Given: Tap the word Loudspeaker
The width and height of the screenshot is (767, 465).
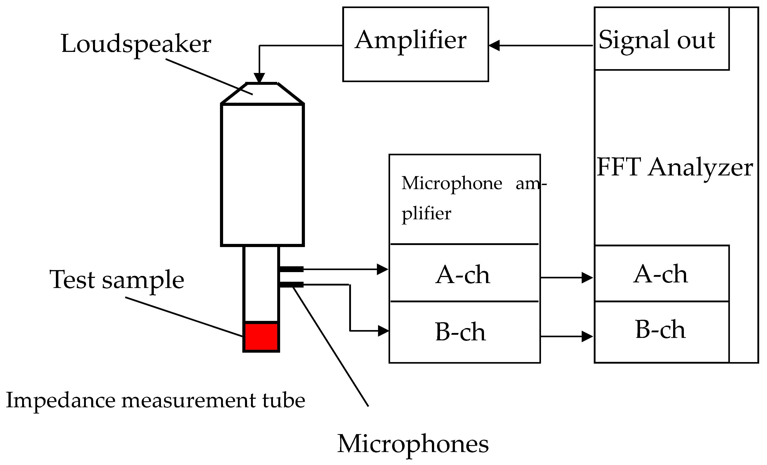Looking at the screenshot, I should pyautogui.click(x=136, y=44).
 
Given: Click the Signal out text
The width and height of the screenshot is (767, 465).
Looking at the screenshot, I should pyautogui.click(x=657, y=40).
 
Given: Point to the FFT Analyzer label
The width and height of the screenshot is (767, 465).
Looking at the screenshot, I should pyautogui.click(x=674, y=167).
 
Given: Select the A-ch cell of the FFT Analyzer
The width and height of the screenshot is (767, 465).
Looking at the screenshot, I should pyautogui.click(x=660, y=274).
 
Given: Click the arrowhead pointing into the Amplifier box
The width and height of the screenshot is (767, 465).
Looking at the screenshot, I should pyautogui.click(x=494, y=45).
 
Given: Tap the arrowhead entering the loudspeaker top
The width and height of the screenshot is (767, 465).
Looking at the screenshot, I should pyautogui.click(x=259, y=78).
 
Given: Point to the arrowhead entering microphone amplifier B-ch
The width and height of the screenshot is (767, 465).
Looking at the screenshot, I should pyautogui.click(x=383, y=331).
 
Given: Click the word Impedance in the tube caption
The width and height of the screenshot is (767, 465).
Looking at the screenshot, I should pyautogui.click(x=61, y=401).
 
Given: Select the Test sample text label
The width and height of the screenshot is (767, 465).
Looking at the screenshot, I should pyautogui.click(x=117, y=279).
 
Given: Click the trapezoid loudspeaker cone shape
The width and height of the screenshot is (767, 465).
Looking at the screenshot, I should pyautogui.click(x=262, y=94).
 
